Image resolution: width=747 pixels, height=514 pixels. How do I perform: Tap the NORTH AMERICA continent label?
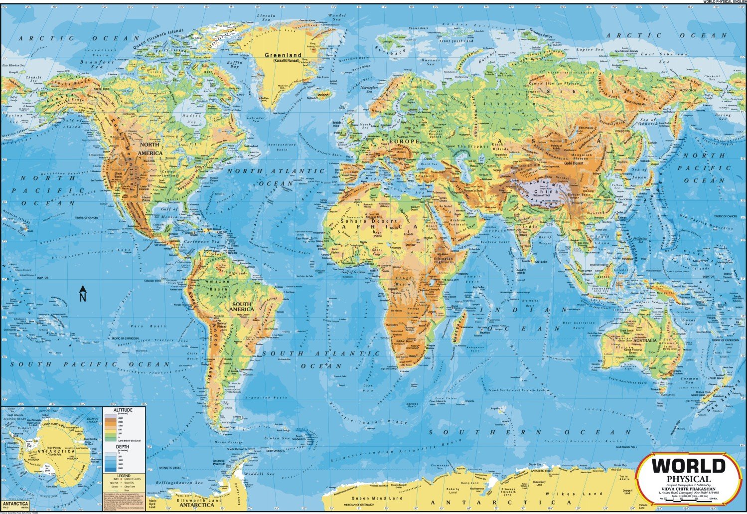pyautogui.click(x=150, y=148)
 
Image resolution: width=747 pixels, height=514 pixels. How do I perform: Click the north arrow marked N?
pyautogui.click(x=83, y=294)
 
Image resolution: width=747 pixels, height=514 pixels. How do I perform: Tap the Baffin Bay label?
pyautogui.click(x=234, y=65)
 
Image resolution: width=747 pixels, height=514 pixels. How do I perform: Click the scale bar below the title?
pyautogui.click(x=689, y=500)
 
